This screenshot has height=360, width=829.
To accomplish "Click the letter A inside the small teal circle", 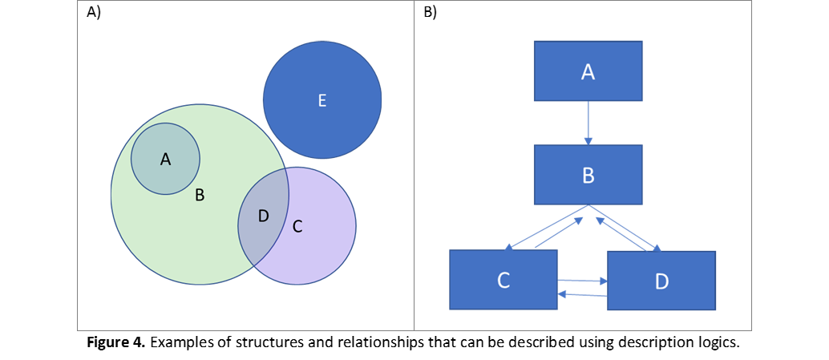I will pos(165,160).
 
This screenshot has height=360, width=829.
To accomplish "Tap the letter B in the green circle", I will pos(200,195).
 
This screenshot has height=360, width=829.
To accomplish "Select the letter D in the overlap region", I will pos(263,216).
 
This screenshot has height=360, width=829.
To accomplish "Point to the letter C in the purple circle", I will pos(297,227).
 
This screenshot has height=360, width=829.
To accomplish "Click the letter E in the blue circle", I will pos(321,101).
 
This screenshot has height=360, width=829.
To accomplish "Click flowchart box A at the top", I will pos(588,71).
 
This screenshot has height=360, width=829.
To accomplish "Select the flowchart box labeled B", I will pos(588,175).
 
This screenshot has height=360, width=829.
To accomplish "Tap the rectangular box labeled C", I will pos(503,280).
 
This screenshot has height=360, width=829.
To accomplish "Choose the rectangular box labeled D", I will pos(661,281).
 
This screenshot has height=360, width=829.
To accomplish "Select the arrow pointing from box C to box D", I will pos(583,280).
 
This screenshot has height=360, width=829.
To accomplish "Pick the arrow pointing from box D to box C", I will pos(583,294).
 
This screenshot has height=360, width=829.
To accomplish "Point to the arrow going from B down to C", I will pos(545,228).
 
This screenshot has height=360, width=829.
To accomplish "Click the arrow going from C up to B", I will pos(559,233).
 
